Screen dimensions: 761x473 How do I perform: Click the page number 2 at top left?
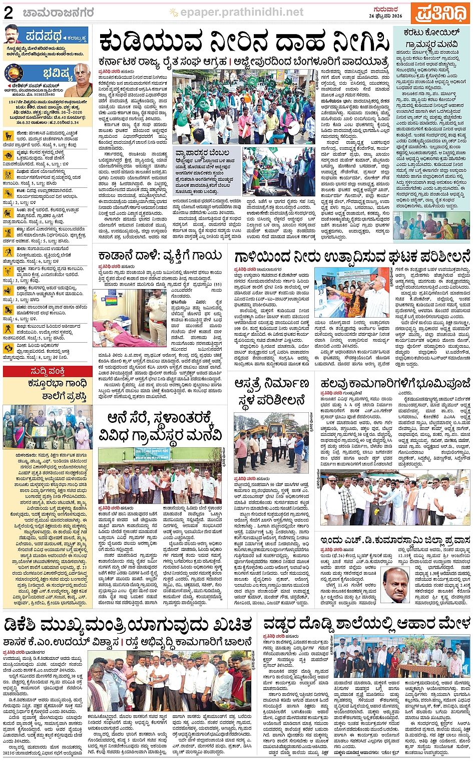[x=9, y=13]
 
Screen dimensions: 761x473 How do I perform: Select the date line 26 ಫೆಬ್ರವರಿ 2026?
[x=385, y=16]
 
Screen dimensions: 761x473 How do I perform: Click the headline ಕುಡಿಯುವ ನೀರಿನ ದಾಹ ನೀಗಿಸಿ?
[x=244, y=43]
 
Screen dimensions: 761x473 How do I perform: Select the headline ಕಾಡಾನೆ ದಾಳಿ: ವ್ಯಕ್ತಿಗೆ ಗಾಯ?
[x=160, y=257]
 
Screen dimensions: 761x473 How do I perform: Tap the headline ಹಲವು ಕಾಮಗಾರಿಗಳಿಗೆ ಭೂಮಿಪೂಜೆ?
[x=395, y=384]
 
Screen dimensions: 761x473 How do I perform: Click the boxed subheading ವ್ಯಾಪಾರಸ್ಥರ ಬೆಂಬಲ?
[x=202, y=152]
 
